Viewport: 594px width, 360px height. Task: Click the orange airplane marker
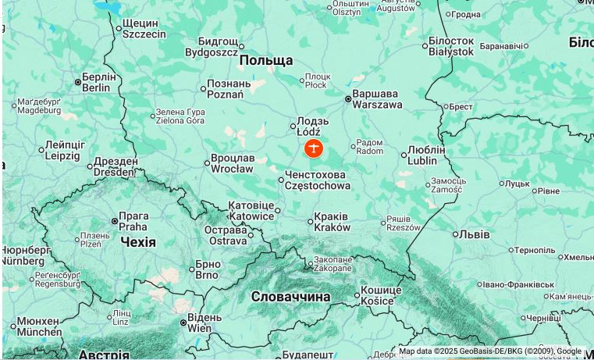[x=313, y=148]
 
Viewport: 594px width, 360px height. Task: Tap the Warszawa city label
[x=377, y=99]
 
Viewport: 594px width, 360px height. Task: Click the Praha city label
[x=133, y=221]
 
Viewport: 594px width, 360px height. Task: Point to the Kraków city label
[x=332, y=222]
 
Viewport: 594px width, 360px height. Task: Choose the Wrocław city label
[x=232, y=163]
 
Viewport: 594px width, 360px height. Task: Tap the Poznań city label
[x=229, y=89]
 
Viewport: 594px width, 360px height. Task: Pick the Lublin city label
[x=425, y=155]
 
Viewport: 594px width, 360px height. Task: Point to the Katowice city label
[x=251, y=211]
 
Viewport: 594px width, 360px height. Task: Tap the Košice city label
[x=381, y=296]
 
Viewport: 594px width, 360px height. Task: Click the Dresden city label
[x=115, y=167]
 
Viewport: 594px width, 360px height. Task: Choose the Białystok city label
[x=451, y=46]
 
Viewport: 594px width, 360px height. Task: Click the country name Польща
[x=265, y=61]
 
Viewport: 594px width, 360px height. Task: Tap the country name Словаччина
[x=290, y=297]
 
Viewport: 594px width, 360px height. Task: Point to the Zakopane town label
[x=333, y=264]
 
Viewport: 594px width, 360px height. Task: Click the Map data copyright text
[x=490, y=351]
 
